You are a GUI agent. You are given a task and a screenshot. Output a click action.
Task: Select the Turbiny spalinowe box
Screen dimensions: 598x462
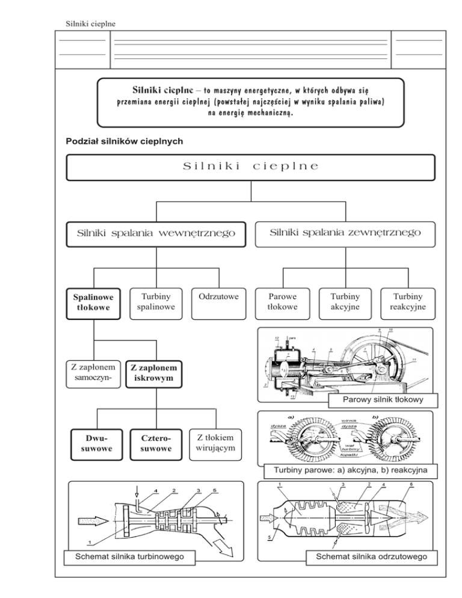click(x=156, y=301)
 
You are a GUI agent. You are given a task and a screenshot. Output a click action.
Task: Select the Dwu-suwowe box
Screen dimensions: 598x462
click(x=93, y=443)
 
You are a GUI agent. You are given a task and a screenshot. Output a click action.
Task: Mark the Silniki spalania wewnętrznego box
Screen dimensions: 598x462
click(x=156, y=233)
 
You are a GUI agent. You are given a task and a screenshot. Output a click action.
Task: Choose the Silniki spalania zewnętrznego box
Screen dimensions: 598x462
click(x=345, y=232)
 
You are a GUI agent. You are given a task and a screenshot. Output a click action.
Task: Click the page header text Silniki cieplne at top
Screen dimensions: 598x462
click(x=90, y=23)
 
